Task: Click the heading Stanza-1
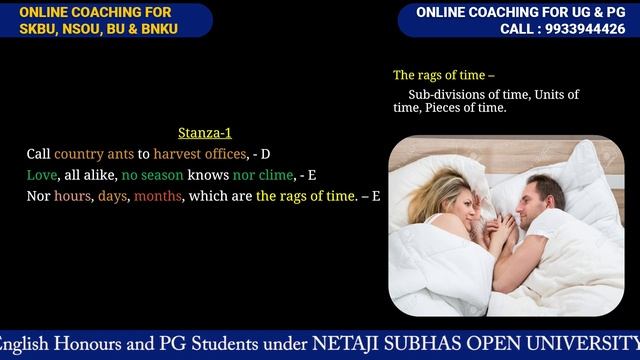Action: coord(205,133)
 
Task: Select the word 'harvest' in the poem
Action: coord(176,154)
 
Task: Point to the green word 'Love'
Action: coord(42,175)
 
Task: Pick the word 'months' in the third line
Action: coord(157,196)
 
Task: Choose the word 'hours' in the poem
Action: coord(73,196)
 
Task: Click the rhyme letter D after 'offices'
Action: coord(265,154)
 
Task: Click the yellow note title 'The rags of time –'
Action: coord(443,75)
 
